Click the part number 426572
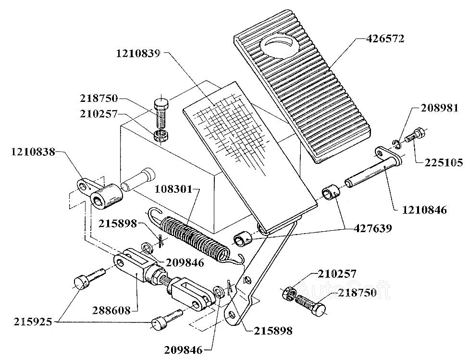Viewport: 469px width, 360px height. pyautogui.click(x=384, y=39)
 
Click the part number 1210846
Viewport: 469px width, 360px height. pyautogui.click(x=424, y=210)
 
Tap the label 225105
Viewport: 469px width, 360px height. pyautogui.click(x=443, y=163)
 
